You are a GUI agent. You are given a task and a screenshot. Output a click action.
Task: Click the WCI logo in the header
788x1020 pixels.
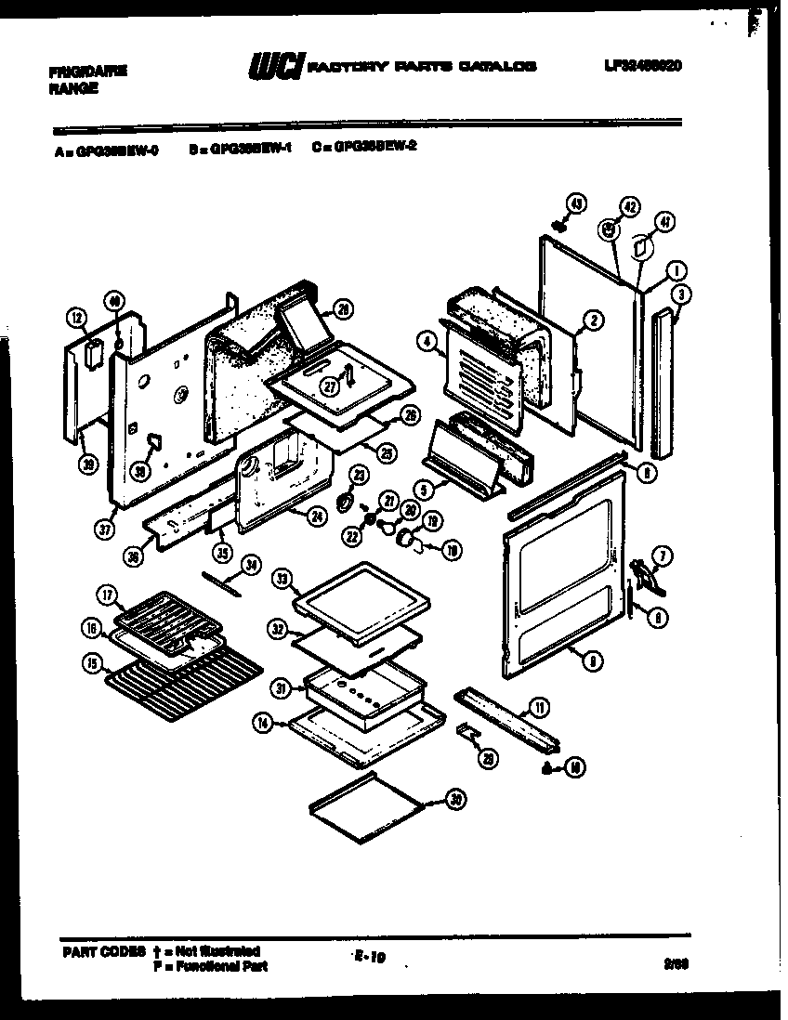[x=275, y=68]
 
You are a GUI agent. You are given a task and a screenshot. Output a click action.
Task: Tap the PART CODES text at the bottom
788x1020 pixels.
[x=104, y=951]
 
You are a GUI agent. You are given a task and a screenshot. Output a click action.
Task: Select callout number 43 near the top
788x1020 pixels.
[x=575, y=203]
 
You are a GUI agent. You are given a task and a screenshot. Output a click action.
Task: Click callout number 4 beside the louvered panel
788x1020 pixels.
[x=427, y=343]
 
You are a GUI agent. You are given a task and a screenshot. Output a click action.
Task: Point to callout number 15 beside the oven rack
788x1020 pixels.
[x=91, y=663]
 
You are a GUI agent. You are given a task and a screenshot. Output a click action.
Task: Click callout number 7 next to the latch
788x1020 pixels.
[x=661, y=556]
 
